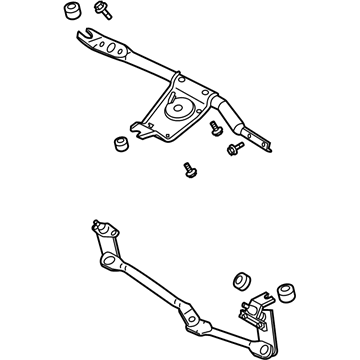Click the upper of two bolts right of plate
point(216,130)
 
